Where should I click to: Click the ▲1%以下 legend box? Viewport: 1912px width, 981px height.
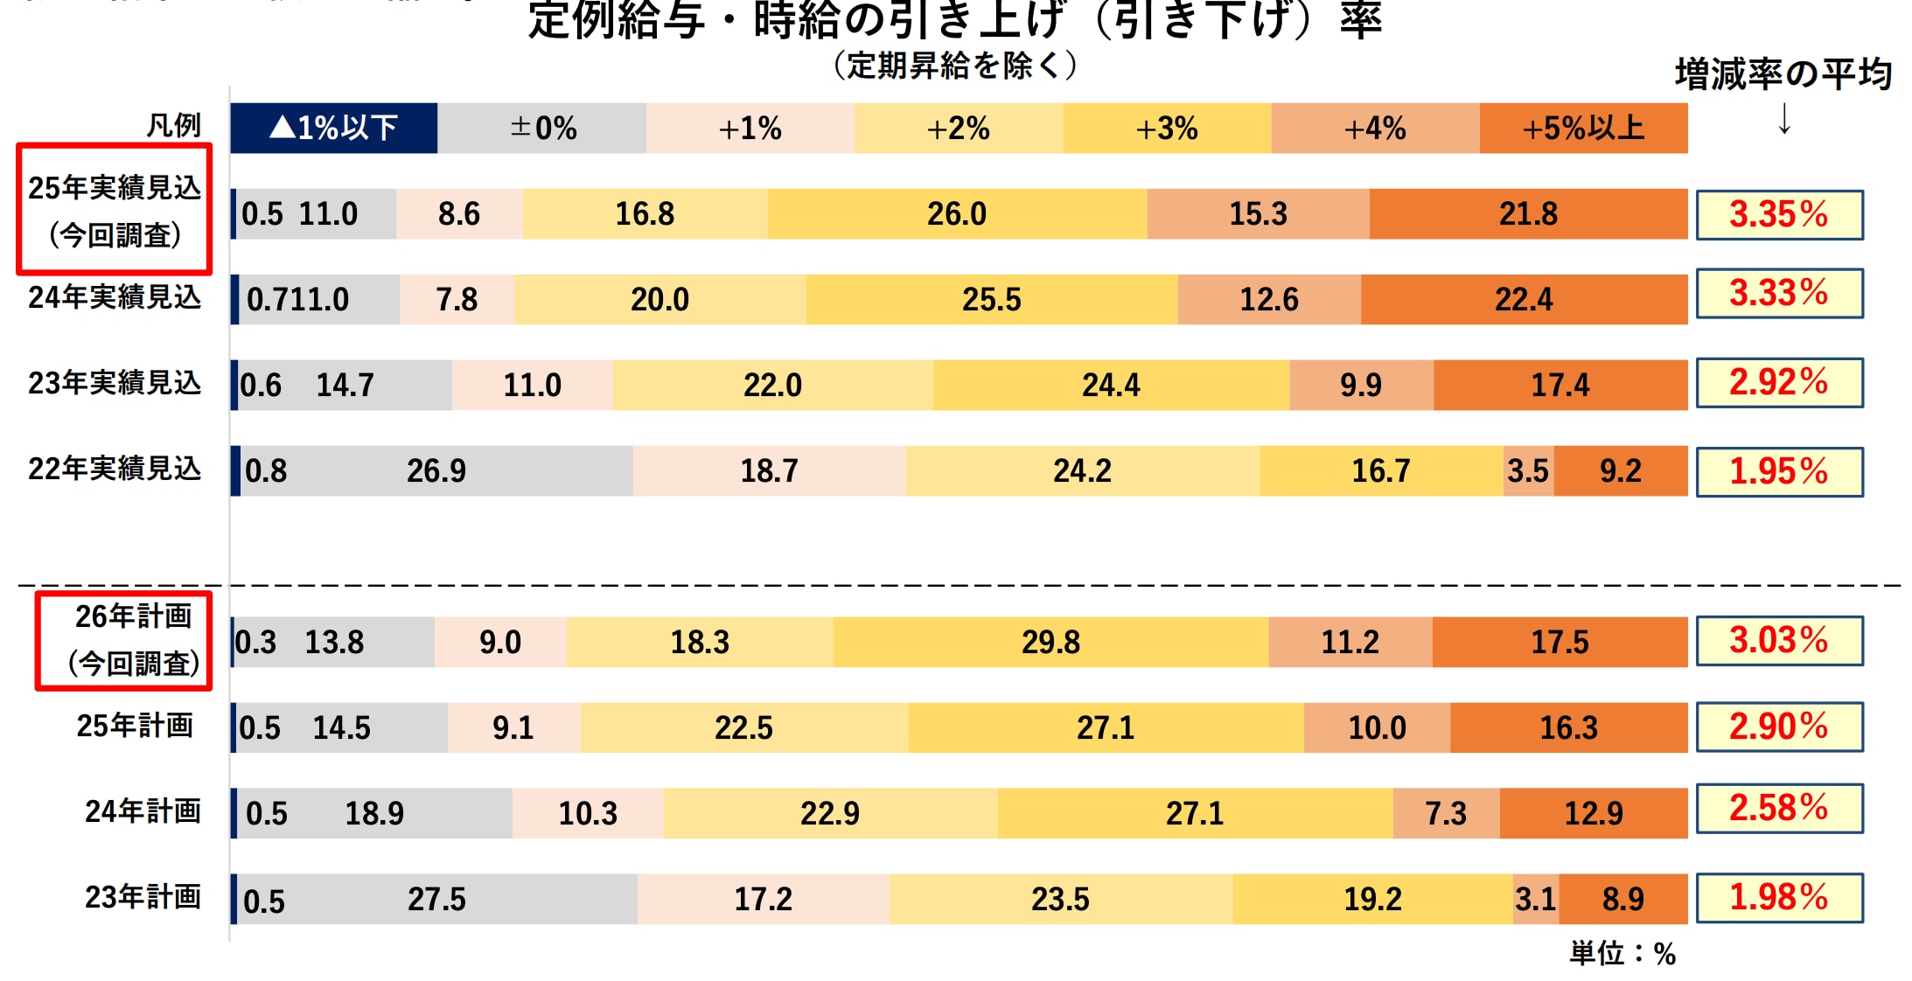click(x=333, y=129)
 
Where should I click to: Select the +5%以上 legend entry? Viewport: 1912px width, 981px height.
click(x=1583, y=129)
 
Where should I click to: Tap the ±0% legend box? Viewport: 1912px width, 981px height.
click(x=542, y=129)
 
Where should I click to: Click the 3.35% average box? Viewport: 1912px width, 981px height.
click(x=1779, y=214)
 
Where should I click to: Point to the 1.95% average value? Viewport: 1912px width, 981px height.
click(x=1779, y=472)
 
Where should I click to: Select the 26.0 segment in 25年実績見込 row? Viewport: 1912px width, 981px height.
click(x=957, y=214)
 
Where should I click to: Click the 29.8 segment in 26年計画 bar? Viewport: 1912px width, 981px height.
click(x=1050, y=643)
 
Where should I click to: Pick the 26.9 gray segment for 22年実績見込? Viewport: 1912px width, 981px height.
click(x=436, y=471)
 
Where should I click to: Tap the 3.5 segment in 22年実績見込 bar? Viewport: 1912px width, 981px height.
click(x=1528, y=471)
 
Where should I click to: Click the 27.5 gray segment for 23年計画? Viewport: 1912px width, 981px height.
click(x=437, y=900)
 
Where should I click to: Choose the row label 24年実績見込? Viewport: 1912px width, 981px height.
click(x=115, y=298)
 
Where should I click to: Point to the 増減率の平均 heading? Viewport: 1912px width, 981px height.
click(x=1783, y=74)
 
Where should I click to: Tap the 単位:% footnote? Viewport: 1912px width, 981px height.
click(x=1622, y=954)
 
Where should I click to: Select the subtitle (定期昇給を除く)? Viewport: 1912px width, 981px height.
click(x=955, y=66)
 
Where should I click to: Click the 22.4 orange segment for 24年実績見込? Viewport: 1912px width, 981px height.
click(x=1524, y=300)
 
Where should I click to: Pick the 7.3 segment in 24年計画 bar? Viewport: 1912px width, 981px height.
click(x=1446, y=814)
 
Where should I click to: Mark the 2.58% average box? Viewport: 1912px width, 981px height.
click(x=1779, y=809)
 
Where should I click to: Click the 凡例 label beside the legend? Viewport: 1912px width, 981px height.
click(x=173, y=126)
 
